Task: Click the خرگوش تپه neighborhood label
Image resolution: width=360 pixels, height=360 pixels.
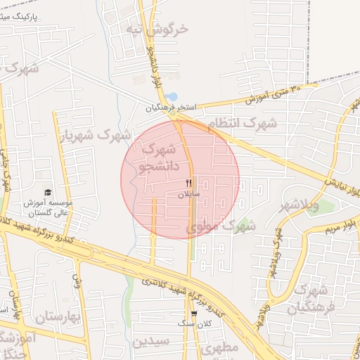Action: pos(157,29)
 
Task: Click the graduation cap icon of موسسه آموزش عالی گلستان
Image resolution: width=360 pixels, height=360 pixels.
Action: pos(48,192)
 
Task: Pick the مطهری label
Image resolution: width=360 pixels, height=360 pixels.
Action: pos(220,347)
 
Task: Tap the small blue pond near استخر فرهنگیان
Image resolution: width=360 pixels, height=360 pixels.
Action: pos(172,97)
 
